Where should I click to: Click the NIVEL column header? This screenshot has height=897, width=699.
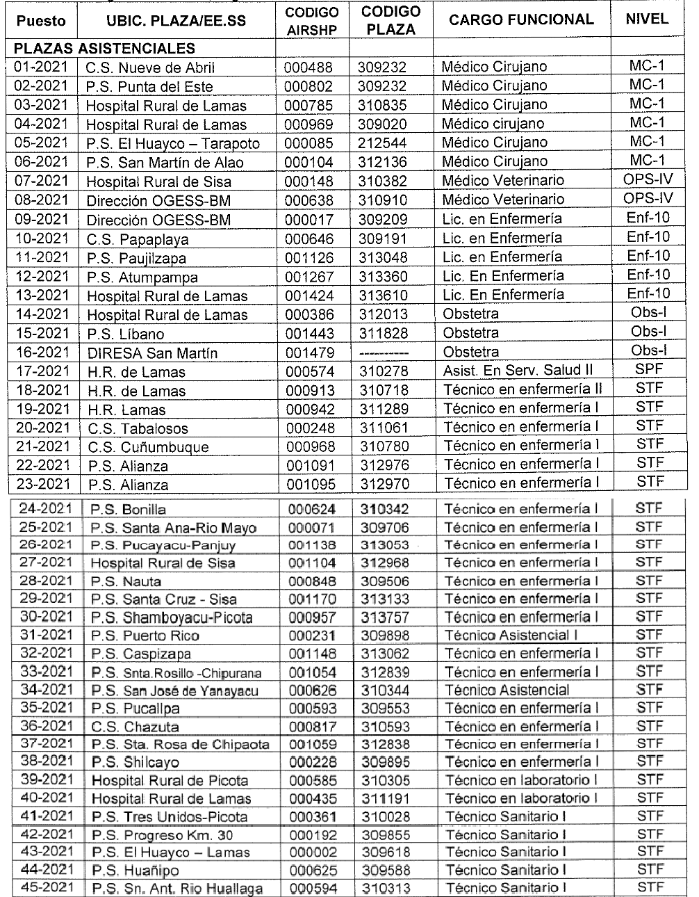click(x=647, y=19)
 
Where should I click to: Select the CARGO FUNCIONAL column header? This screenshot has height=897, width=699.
click(x=521, y=19)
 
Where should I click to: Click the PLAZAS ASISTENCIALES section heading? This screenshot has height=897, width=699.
click(x=105, y=49)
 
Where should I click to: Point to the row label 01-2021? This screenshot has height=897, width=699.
click(x=42, y=67)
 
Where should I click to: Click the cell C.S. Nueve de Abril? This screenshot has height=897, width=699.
click(x=150, y=68)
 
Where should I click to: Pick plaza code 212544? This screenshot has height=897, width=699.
click(x=383, y=143)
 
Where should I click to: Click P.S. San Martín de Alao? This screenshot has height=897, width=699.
click(x=165, y=163)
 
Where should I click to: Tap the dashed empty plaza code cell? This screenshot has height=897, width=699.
click(x=384, y=353)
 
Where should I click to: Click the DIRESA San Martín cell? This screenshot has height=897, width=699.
click(x=152, y=353)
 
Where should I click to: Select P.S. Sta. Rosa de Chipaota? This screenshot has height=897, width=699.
click(x=181, y=745)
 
